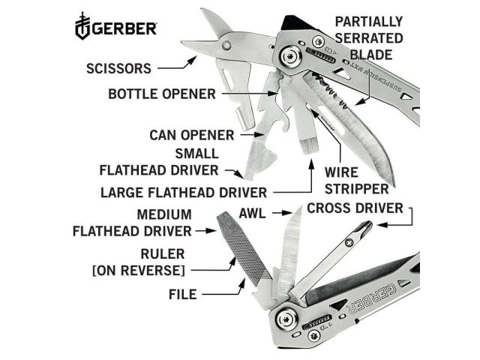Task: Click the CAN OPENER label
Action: tap(191, 135)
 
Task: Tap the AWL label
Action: tap(253, 214)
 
